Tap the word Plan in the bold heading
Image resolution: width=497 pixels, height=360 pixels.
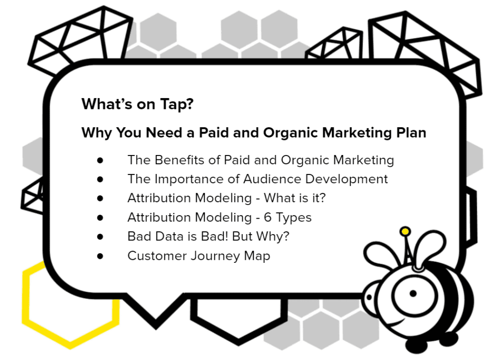411,133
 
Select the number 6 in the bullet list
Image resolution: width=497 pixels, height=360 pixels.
267,218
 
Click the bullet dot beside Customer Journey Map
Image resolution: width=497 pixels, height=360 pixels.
100,256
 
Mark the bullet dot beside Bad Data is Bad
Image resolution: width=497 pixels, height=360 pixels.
100,237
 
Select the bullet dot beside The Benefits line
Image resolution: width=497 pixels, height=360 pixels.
100,160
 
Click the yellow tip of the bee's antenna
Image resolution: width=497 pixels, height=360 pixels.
405,232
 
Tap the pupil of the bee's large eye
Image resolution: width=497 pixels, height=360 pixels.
413,293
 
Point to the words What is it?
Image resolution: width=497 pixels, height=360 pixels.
295,198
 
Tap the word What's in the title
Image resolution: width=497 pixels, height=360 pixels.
107,104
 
